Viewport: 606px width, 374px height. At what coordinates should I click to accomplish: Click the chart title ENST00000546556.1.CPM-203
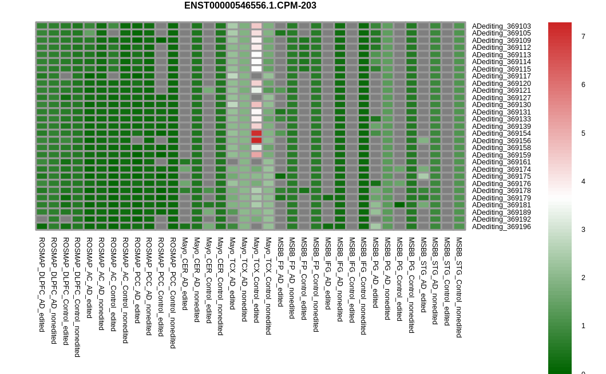pyautogui.click(x=250, y=6)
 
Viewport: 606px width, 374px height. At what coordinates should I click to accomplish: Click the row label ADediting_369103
pyautogui.click(x=501, y=26)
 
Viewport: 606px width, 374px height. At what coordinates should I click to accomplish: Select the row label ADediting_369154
pyautogui.click(x=501, y=133)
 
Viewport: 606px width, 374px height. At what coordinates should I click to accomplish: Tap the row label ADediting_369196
pyautogui.click(x=501, y=227)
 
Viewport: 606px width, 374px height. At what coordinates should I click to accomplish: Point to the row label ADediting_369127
pyautogui.click(x=501, y=98)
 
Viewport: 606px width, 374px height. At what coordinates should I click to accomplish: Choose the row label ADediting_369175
pyautogui.click(x=501, y=176)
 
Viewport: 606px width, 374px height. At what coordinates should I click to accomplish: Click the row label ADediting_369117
pyautogui.click(x=501, y=76)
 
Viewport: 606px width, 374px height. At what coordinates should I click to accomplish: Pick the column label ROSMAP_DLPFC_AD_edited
pyautogui.click(x=42, y=285)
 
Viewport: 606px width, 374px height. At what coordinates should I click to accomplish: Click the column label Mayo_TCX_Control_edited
pyautogui.click(x=256, y=284)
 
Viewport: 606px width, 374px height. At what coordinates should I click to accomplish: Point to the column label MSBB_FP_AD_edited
pyautogui.click(x=280, y=272)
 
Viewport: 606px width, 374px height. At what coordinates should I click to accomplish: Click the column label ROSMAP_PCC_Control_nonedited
pyautogui.click(x=173, y=293)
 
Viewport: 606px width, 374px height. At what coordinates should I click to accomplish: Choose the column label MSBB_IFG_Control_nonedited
pyautogui.click(x=363, y=286)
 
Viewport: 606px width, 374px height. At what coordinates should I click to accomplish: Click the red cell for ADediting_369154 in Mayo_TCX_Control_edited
pyautogui.click(x=256, y=133)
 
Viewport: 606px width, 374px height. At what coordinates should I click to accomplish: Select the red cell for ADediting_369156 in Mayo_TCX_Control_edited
pyautogui.click(x=256, y=140)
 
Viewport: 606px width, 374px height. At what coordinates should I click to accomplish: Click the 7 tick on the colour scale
pyautogui.click(x=583, y=37)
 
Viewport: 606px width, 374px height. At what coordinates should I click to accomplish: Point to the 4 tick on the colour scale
pyautogui.click(x=583, y=182)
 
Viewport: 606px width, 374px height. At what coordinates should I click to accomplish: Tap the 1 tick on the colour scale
pyautogui.click(x=583, y=326)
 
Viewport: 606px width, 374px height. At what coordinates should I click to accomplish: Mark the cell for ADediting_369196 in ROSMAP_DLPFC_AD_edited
pyautogui.click(x=42, y=226)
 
